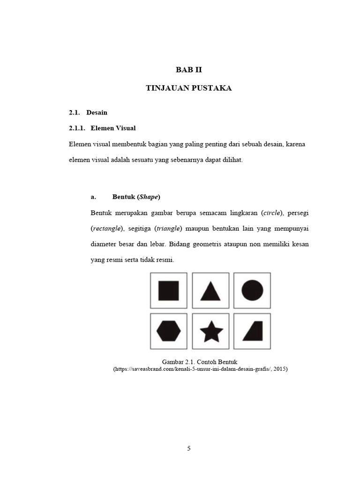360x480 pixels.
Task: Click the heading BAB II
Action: [189, 70]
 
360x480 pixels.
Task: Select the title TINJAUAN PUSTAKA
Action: [189, 88]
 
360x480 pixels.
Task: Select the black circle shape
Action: [252, 290]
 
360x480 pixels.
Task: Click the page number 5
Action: [189, 449]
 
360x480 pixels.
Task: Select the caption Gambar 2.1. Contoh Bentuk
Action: [200, 362]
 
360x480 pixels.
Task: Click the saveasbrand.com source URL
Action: [200, 369]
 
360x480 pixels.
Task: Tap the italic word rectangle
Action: [106, 229]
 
